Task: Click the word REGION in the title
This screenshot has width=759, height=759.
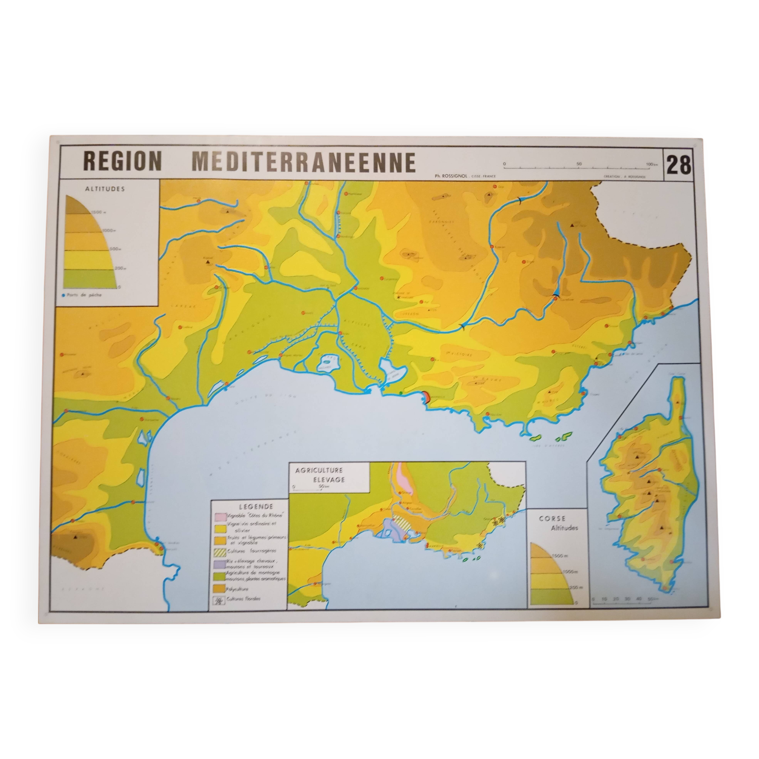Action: click(123, 161)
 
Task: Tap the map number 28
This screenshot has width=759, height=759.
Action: click(679, 165)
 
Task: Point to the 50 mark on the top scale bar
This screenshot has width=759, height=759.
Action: click(579, 164)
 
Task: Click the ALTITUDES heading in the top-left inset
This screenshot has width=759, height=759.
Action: click(105, 189)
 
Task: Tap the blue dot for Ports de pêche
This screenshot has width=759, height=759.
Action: click(63, 294)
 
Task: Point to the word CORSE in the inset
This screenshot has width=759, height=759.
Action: click(552, 518)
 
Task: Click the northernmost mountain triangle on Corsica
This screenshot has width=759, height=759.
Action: click(678, 403)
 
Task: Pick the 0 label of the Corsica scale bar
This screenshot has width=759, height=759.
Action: click(593, 599)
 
